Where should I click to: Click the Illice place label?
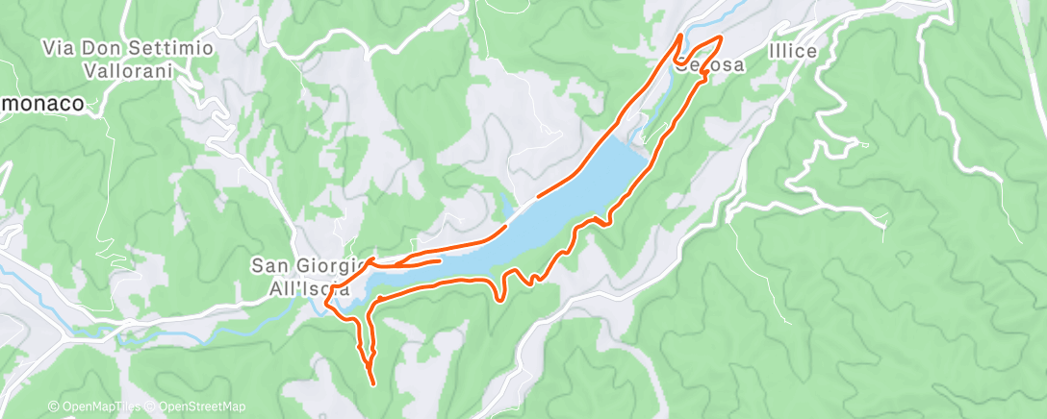(x=793, y=51)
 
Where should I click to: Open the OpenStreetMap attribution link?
(x=197, y=407)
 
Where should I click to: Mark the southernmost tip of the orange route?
(x=372, y=384)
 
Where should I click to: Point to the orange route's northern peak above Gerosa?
(x=680, y=36)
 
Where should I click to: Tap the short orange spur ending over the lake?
(x=438, y=259)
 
